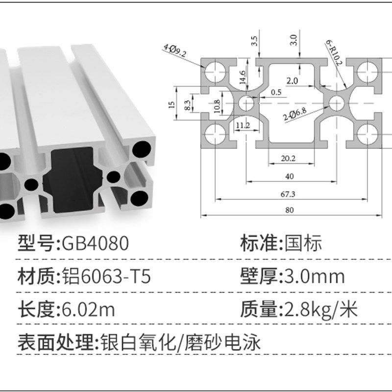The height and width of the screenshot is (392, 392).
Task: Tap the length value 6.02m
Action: [89, 310]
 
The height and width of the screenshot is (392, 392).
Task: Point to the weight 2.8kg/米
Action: [318, 310]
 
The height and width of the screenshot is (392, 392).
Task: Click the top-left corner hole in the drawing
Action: [214, 72]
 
